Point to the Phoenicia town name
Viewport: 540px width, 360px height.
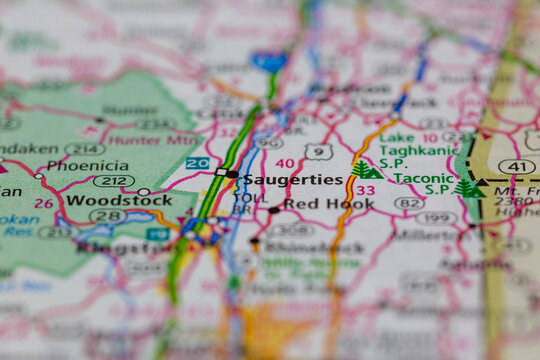click(87, 165)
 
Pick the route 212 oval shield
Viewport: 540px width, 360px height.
click(114, 181)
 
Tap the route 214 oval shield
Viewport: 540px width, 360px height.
click(84, 149)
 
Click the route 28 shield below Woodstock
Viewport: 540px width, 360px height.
click(110, 216)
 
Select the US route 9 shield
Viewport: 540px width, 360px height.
click(319, 152)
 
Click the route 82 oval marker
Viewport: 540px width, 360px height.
click(409, 203)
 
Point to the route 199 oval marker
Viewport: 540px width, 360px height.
click(436, 218)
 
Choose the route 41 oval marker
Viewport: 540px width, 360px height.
click(516, 166)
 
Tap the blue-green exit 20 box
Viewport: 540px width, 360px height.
click(198, 163)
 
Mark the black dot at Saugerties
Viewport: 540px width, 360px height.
click(233, 175)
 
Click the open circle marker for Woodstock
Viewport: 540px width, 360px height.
click(144, 191)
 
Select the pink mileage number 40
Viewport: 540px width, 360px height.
click(285, 163)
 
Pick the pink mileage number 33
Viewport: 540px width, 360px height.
click(366, 190)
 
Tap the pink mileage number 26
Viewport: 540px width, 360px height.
click(43, 203)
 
